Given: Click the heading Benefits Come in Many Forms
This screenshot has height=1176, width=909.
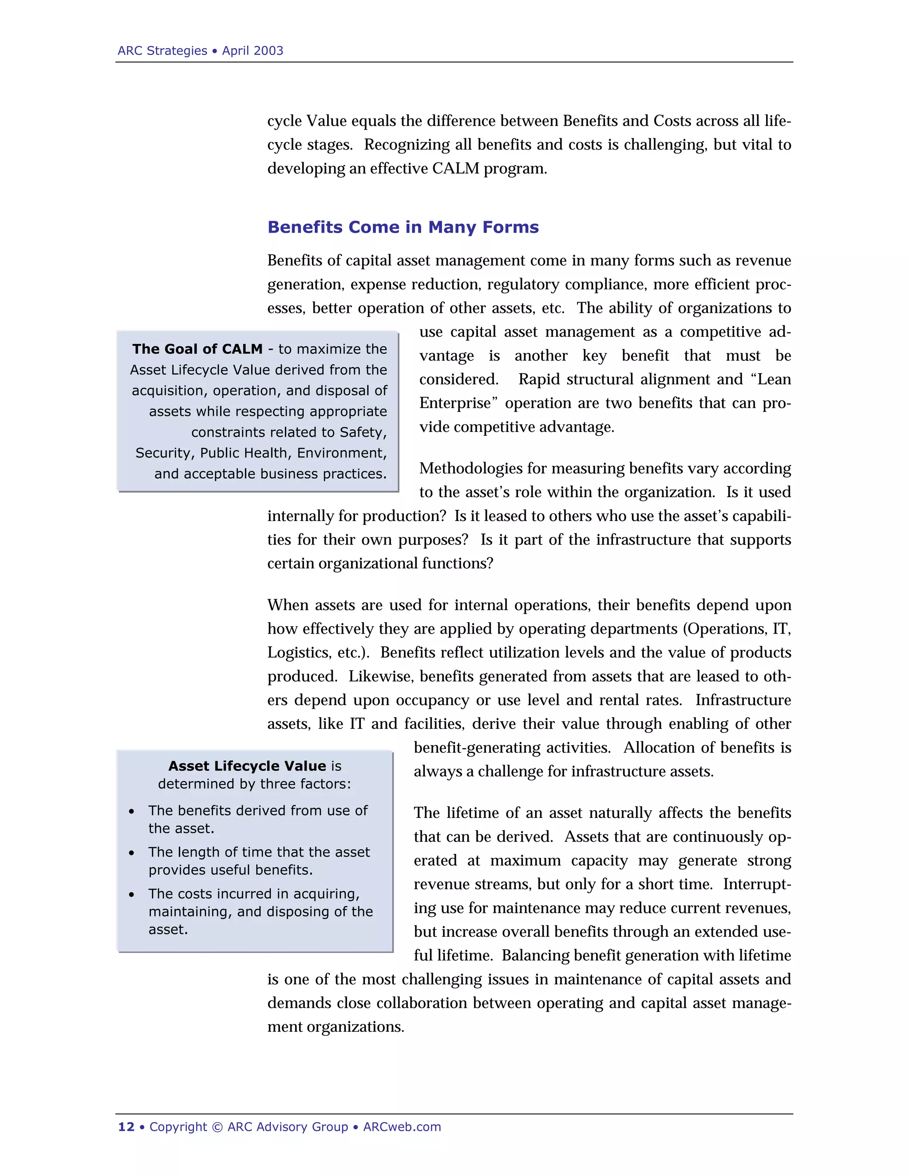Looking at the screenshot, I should point(403,227).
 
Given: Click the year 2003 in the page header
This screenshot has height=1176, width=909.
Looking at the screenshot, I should point(268,51).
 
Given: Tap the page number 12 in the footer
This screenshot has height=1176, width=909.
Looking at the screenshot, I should point(126,1127).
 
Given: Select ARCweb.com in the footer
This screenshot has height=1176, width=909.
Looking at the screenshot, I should point(402,1127).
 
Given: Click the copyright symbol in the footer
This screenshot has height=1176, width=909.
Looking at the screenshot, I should point(217,1127).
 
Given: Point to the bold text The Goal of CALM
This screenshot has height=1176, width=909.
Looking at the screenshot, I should point(197,349).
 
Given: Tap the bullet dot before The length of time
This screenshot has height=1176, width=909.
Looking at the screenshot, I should point(131,853).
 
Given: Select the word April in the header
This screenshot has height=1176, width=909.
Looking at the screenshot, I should point(235,51).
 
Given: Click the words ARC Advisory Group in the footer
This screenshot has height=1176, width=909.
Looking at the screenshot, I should point(288,1127).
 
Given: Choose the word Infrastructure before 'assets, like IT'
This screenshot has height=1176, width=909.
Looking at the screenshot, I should point(743,700).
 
